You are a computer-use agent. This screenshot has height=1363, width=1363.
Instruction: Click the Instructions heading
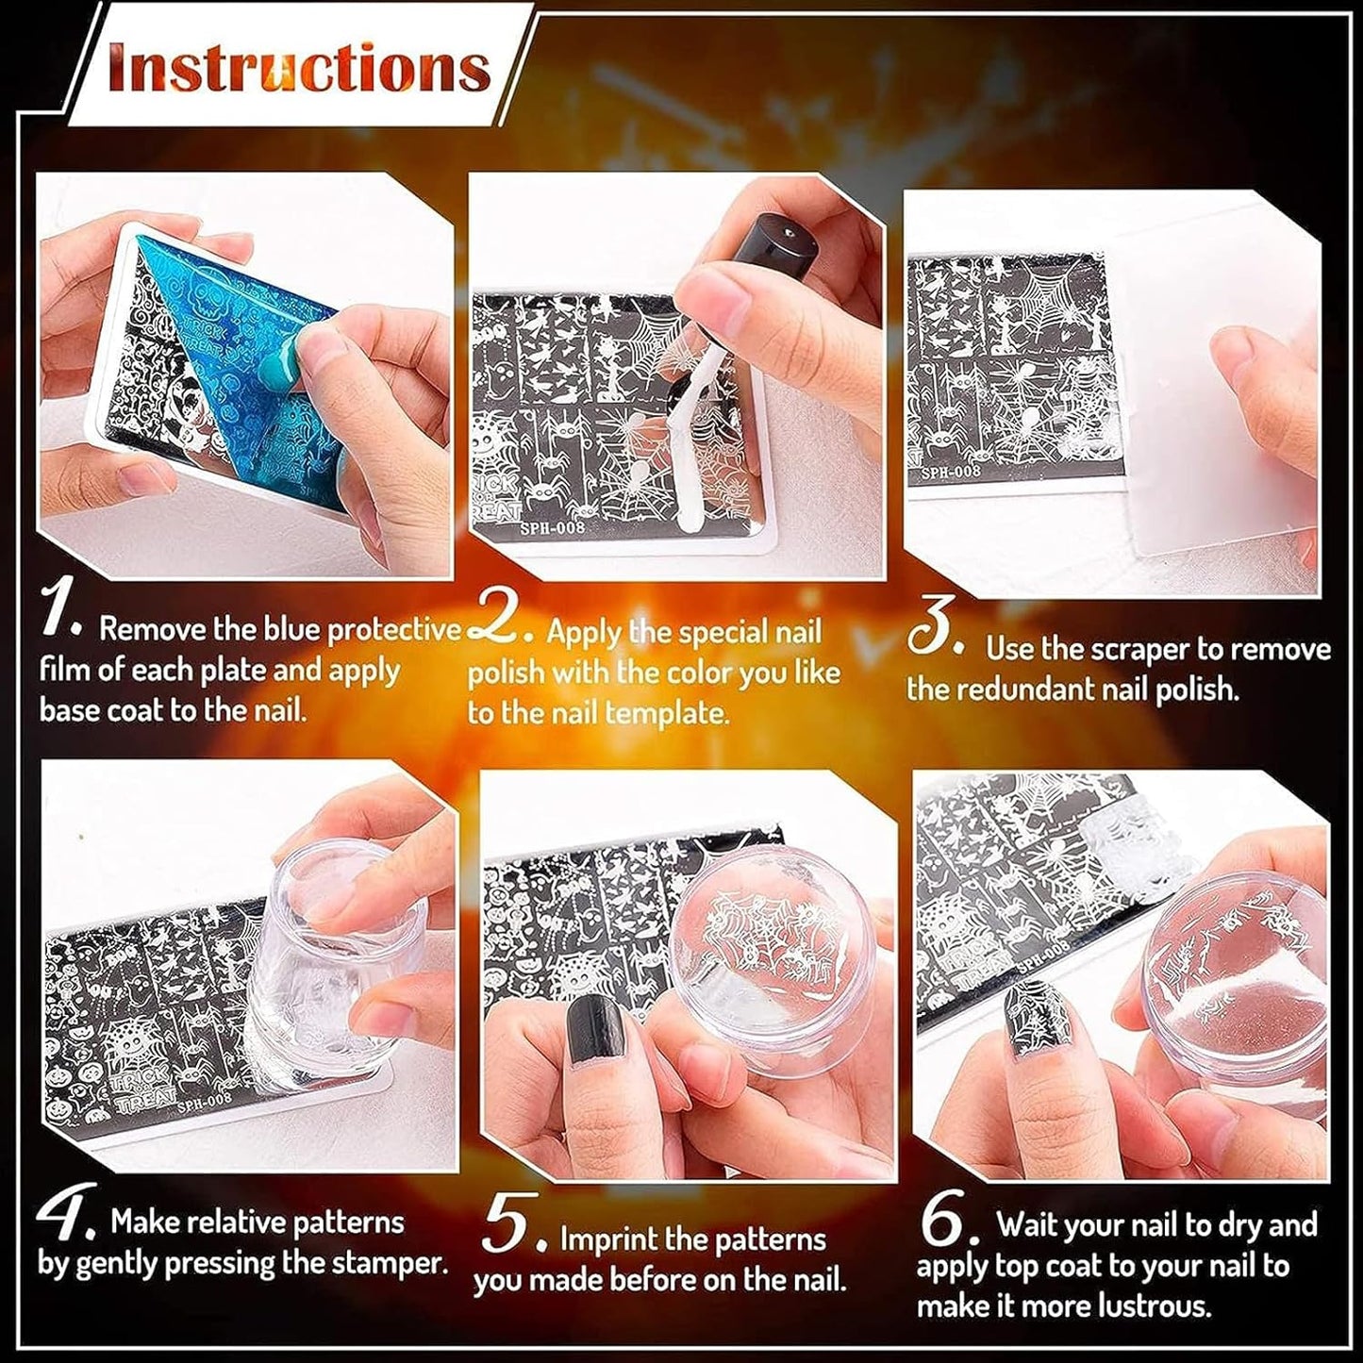[300, 67]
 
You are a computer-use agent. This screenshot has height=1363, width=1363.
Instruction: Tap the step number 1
[64, 612]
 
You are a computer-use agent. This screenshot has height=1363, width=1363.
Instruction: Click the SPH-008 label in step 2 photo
[553, 526]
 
